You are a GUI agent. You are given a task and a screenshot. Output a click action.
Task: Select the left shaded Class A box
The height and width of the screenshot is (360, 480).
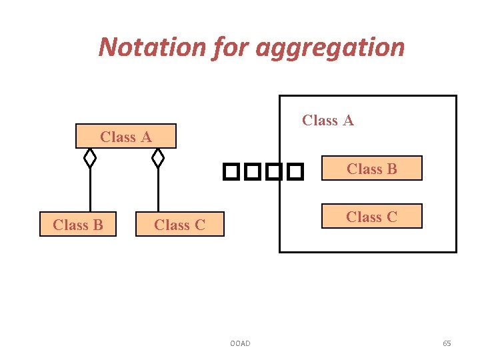(x=126, y=137)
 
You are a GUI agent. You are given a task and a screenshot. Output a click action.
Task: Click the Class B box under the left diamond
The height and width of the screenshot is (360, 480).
(x=78, y=225)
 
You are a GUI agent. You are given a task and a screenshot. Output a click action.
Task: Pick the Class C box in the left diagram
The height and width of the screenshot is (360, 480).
(x=179, y=225)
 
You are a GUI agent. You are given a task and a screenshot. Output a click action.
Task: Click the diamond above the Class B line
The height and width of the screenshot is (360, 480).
(x=90, y=158)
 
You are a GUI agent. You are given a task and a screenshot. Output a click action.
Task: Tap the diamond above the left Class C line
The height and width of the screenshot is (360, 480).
(x=158, y=158)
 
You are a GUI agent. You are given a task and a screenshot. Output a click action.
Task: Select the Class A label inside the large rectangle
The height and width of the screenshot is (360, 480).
(x=327, y=120)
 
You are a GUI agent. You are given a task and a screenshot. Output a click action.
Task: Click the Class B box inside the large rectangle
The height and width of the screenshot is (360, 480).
(x=372, y=169)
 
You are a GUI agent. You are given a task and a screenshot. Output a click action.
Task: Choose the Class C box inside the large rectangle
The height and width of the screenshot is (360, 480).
(x=372, y=217)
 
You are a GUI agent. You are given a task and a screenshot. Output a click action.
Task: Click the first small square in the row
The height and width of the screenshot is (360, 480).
(x=231, y=173)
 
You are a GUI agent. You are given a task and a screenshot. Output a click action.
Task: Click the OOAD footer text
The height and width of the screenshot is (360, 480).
(x=240, y=343)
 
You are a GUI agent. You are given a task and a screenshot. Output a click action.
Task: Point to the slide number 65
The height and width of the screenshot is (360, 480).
(x=447, y=343)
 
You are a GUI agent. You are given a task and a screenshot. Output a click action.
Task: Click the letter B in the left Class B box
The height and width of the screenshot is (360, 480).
(x=97, y=225)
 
